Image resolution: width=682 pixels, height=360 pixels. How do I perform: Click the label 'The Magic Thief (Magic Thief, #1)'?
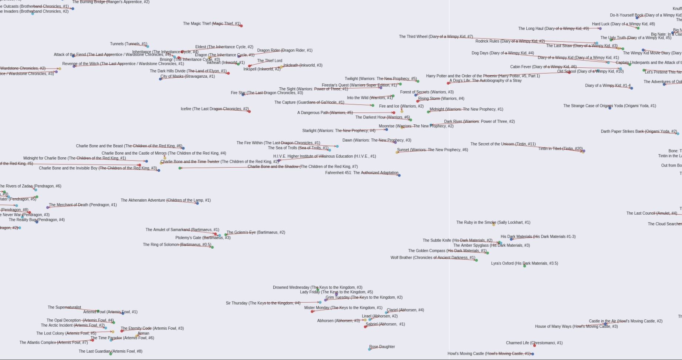[211, 24]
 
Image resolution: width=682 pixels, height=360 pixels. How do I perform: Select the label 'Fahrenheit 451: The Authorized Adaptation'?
[361, 173]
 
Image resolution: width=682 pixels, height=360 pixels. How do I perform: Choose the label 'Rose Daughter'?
[382, 347]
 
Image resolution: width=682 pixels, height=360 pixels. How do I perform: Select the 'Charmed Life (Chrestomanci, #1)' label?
[534, 343]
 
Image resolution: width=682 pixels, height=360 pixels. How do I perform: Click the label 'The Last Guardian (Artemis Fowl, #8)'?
[110, 351]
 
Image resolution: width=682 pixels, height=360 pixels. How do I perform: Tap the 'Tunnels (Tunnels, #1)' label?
[128, 44]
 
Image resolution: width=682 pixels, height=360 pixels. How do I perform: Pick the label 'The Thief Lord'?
[269, 61]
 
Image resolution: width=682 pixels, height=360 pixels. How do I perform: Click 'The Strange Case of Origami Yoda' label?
[609, 106]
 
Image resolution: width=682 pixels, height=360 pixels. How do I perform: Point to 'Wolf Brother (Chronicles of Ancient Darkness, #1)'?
[432, 258]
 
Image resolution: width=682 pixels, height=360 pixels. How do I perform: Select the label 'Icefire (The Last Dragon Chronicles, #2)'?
[215, 109]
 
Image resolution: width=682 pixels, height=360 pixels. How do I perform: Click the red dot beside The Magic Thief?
[241, 26]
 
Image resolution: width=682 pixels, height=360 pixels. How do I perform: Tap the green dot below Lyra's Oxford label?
[524, 266]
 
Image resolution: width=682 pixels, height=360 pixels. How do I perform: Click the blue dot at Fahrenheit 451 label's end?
[399, 175]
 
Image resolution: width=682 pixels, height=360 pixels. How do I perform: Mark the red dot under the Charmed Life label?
[534, 346]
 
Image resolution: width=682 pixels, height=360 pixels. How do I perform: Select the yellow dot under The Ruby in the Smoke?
[494, 225]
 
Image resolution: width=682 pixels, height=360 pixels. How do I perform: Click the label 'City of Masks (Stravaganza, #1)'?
[187, 77]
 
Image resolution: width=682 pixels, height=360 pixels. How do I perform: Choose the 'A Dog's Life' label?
[485, 81]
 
